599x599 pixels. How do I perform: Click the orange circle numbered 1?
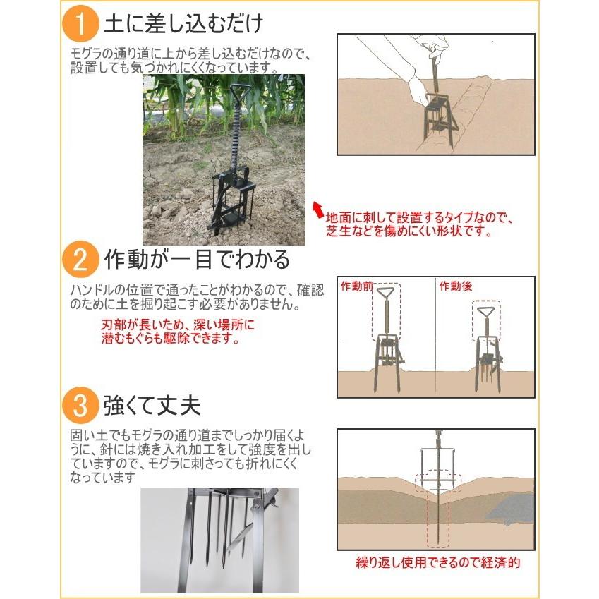[80, 24]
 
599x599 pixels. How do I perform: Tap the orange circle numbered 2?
[80, 260]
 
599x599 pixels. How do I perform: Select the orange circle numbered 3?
[80, 405]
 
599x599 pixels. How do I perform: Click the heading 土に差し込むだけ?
[183, 23]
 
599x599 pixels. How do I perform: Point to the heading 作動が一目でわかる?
[197, 260]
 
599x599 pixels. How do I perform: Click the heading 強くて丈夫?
[152, 405]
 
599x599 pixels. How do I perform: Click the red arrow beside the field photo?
[317, 210]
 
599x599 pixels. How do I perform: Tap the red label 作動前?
[356, 286]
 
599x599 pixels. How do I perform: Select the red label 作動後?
[455, 286]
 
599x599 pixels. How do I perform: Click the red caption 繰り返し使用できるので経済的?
[438, 562]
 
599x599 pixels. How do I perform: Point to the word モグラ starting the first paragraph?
[88, 54]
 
